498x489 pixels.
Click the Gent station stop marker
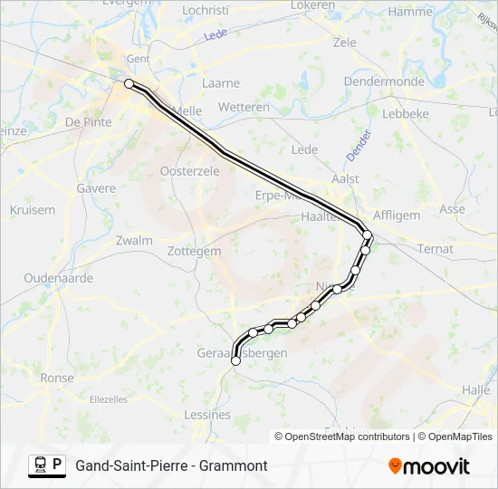(x=129, y=83)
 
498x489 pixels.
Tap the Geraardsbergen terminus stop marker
(x=235, y=360)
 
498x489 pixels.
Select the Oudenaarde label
(x=59, y=279)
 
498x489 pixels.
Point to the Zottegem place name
(x=196, y=251)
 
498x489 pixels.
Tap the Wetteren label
(x=244, y=107)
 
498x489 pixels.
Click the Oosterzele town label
(x=189, y=171)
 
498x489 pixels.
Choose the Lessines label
(x=207, y=415)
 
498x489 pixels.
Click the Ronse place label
(x=57, y=379)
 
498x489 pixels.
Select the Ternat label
(x=436, y=248)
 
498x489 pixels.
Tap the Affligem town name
(x=397, y=216)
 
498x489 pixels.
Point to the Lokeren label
(x=313, y=5)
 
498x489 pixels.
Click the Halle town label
(x=475, y=388)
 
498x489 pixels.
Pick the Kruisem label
(x=33, y=210)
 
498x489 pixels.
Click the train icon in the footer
(x=40, y=465)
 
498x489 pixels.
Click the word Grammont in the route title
(x=235, y=465)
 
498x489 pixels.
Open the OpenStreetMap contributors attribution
(x=347, y=436)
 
